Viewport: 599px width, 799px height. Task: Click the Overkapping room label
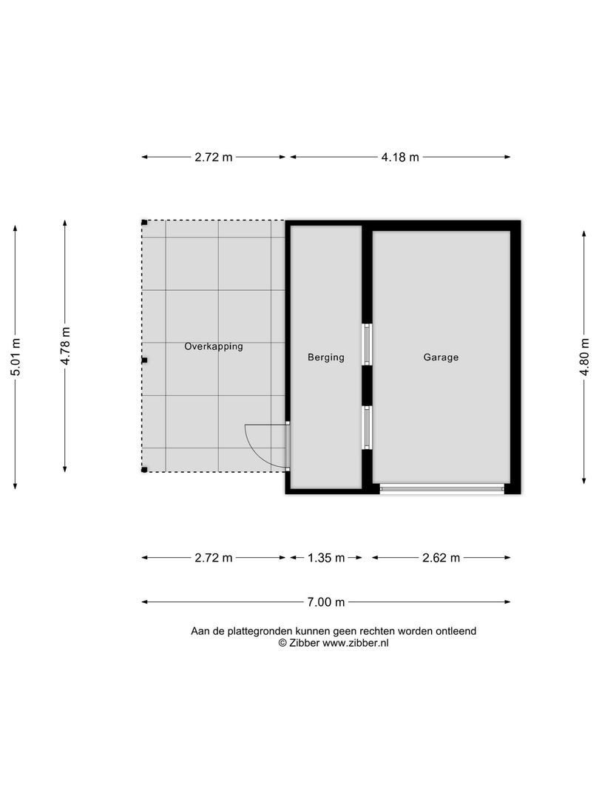tap(214, 346)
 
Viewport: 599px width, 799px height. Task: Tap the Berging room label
tap(326, 357)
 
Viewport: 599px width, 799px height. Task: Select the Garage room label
tap(441, 357)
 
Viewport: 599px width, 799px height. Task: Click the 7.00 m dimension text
tap(326, 602)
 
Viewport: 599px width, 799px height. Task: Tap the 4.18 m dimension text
tap(400, 157)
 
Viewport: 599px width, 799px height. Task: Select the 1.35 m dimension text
tap(326, 558)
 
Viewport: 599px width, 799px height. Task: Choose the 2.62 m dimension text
tap(441, 558)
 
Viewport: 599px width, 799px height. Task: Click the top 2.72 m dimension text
tap(214, 157)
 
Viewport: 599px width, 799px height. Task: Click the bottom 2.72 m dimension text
tap(214, 558)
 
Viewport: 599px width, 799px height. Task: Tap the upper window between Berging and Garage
tap(366, 344)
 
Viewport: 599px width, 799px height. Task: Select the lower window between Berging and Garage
tap(366, 428)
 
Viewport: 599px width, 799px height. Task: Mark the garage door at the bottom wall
tap(441, 488)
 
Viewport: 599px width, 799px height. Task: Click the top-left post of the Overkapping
tap(144, 222)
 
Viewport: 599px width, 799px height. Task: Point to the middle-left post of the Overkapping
tap(145, 360)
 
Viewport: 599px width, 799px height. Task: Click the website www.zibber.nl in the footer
tap(356, 644)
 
